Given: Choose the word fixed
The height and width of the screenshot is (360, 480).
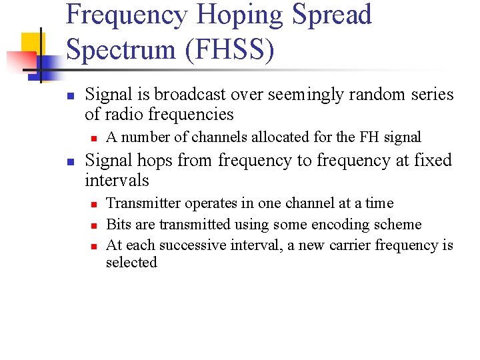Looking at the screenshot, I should (428, 161).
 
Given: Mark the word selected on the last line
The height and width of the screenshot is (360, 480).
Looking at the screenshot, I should (131, 263).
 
